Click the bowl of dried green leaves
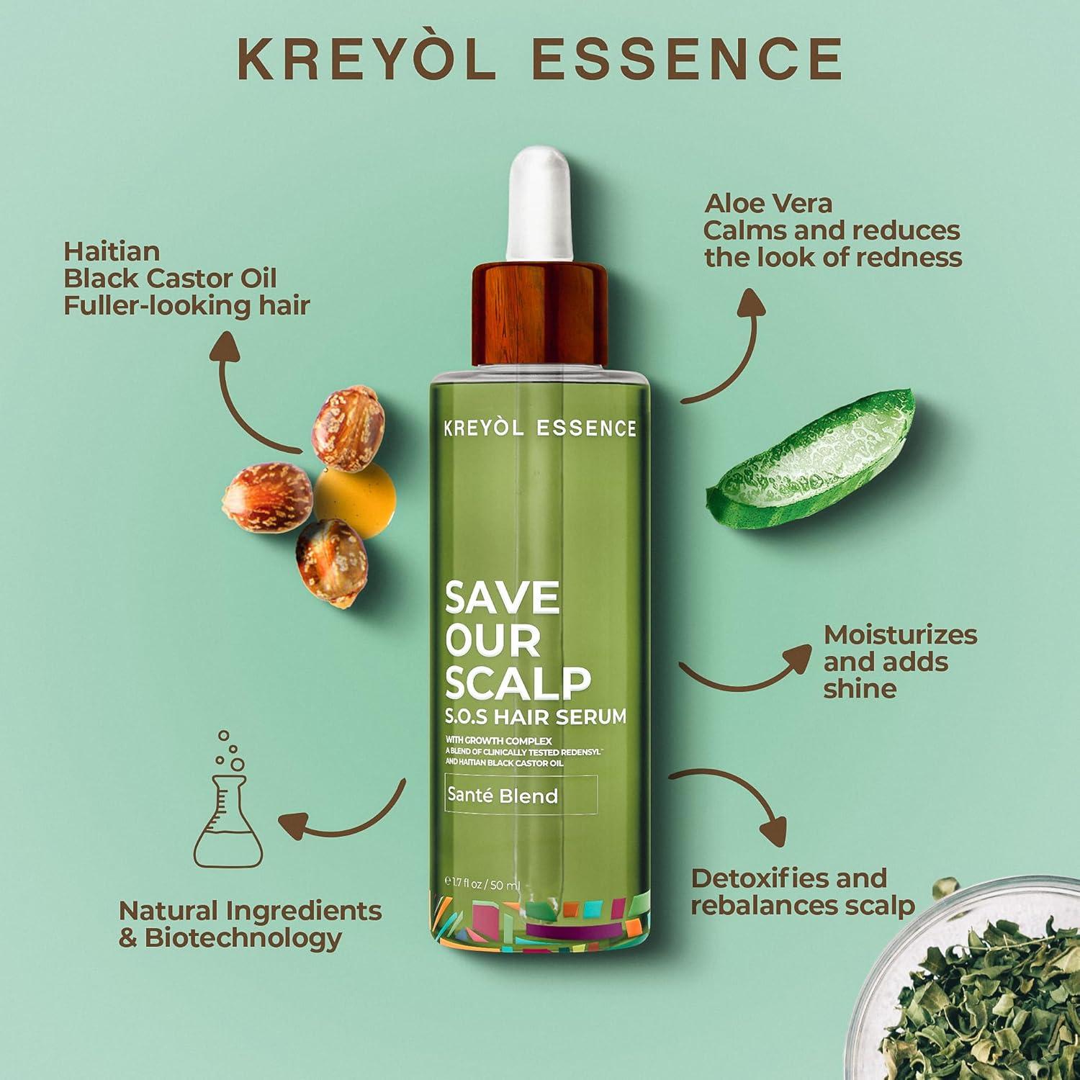point(994,994)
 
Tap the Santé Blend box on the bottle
point(521,796)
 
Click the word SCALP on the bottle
point(518,681)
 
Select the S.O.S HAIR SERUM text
point(535,717)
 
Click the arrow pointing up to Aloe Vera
point(727,346)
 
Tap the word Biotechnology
point(243,938)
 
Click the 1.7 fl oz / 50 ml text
point(482,885)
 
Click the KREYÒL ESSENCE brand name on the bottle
point(539,428)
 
